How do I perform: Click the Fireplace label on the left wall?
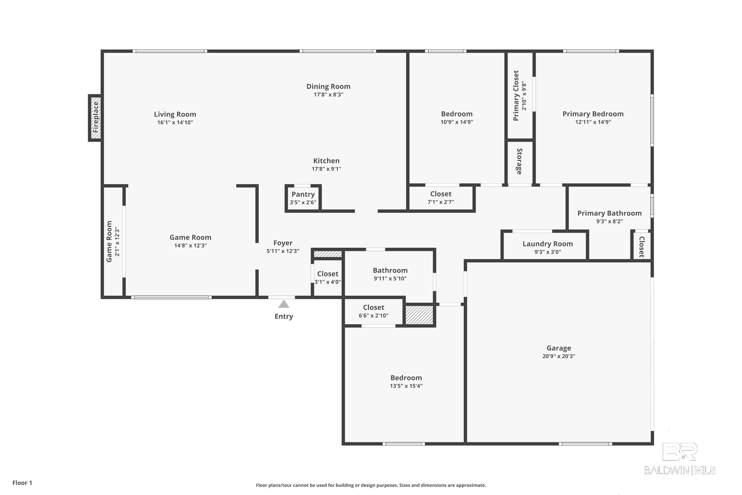95,117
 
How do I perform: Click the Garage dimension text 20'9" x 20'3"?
559,356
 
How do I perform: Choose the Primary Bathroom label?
609,213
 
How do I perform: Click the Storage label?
519,161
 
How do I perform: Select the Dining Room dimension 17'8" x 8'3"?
328,94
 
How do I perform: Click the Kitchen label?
326,161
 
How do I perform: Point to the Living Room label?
175,114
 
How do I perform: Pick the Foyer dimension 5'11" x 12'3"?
283,251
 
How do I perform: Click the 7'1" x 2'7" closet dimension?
441,202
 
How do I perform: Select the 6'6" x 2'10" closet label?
373,315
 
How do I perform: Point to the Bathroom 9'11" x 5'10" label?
390,270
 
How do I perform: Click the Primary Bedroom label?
593,114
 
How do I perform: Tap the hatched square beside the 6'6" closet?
419,315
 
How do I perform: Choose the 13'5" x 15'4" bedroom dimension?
406,386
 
